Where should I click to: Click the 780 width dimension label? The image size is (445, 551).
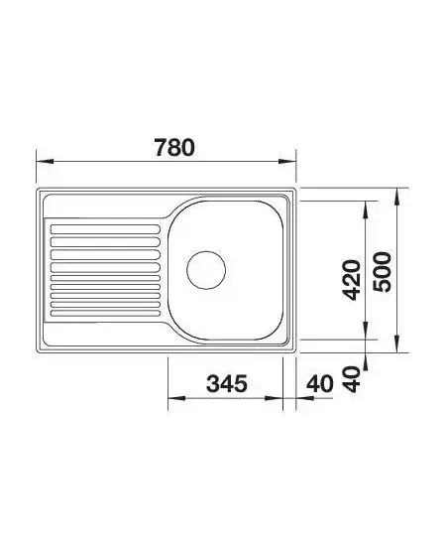[174, 148]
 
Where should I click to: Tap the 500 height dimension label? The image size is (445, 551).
[382, 272]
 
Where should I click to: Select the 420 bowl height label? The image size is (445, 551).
[352, 280]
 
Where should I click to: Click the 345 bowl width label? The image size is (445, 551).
[227, 383]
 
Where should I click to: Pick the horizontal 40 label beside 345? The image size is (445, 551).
[320, 384]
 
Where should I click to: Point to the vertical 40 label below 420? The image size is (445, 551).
[352, 379]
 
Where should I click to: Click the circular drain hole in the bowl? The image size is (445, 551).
[206, 270]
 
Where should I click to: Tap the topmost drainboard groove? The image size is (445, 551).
[105, 229]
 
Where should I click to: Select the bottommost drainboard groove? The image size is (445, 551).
[105, 313]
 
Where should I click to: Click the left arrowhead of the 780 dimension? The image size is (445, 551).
[45, 161]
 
